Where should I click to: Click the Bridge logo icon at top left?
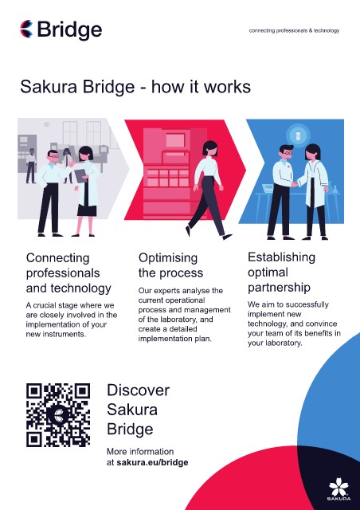coord(26,29)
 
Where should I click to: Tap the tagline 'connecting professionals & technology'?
coord(294,30)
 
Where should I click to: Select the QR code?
coord(58,414)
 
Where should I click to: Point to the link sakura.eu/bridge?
coord(152,462)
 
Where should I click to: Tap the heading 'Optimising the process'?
coord(170,265)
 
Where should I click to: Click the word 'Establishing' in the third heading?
coord(281,257)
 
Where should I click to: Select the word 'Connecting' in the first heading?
coord(57,258)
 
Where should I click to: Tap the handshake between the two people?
coord(295,184)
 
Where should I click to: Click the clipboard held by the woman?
coord(80,175)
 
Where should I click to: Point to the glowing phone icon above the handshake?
coord(298,135)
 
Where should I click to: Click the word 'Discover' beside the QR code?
coord(139,390)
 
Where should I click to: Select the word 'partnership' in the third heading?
coord(279,288)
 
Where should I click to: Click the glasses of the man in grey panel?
coord(54,156)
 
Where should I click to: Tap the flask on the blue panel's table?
coord(335,189)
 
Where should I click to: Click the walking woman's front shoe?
coord(227,237)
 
